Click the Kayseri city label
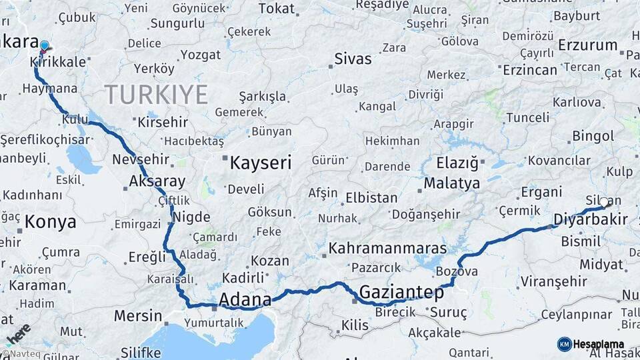[261, 162]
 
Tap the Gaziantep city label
[401, 292]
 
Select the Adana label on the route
[245, 299]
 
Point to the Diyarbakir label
[591, 220]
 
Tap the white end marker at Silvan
[604, 202]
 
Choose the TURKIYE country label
[156, 94]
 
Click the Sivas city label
[353, 58]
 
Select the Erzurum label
[587, 45]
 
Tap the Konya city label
[50, 222]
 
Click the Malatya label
[451, 183]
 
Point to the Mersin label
[138, 315]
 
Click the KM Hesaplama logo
[589, 344]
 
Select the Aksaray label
[157, 181]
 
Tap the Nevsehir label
[141, 160]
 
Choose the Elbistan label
[371, 198]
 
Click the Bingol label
[593, 136]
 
